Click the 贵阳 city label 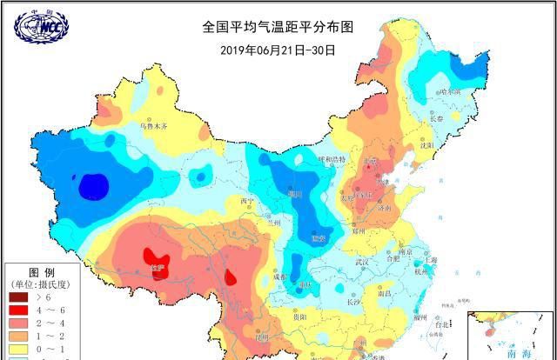[299, 319]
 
